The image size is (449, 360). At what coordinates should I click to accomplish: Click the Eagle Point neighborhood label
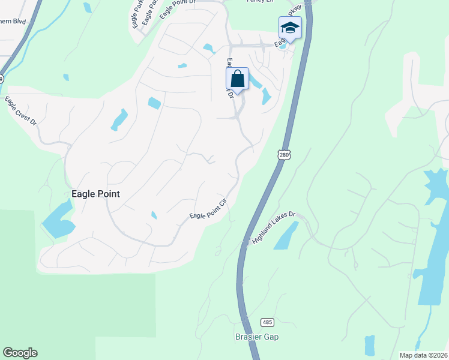point(95,194)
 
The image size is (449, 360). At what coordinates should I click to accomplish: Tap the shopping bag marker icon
point(237,79)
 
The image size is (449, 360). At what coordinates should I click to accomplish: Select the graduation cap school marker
point(290,28)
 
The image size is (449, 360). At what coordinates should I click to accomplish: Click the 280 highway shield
point(284,155)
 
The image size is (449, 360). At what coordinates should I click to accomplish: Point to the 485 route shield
point(268,322)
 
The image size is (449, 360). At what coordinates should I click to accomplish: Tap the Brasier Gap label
point(256,337)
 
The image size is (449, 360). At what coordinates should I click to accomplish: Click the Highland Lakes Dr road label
point(274,226)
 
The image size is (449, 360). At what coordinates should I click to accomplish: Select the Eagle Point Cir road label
point(208,208)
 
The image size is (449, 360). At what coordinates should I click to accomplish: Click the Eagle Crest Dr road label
point(21,110)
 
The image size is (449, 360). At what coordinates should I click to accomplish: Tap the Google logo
point(20,353)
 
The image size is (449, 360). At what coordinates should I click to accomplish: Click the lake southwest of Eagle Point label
point(58,220)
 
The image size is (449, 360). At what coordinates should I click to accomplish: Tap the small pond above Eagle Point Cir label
point(154,215)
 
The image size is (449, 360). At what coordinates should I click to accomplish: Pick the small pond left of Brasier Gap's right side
point(369,344)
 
